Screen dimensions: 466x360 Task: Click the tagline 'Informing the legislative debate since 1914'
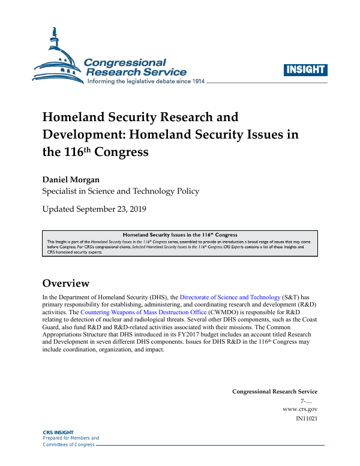point(146,81)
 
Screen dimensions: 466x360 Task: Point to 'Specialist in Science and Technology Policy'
point(120,191)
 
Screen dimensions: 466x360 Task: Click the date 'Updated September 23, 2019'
point(94,209)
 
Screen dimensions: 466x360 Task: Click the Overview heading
point(65,283)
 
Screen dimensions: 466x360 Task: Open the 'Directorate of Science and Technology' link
point(230,297)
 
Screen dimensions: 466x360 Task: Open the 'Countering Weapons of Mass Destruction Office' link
point(143,312)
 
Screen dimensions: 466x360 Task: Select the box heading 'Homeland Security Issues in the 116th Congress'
point(180,234)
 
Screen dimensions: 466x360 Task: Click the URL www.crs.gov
point(299,409)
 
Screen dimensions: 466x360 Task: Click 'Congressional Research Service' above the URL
point(274,392)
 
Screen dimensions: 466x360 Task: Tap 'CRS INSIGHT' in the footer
point(58,432)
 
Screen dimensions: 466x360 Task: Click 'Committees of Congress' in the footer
point(68,444)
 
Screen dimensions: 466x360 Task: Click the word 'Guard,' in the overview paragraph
point(52,327)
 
